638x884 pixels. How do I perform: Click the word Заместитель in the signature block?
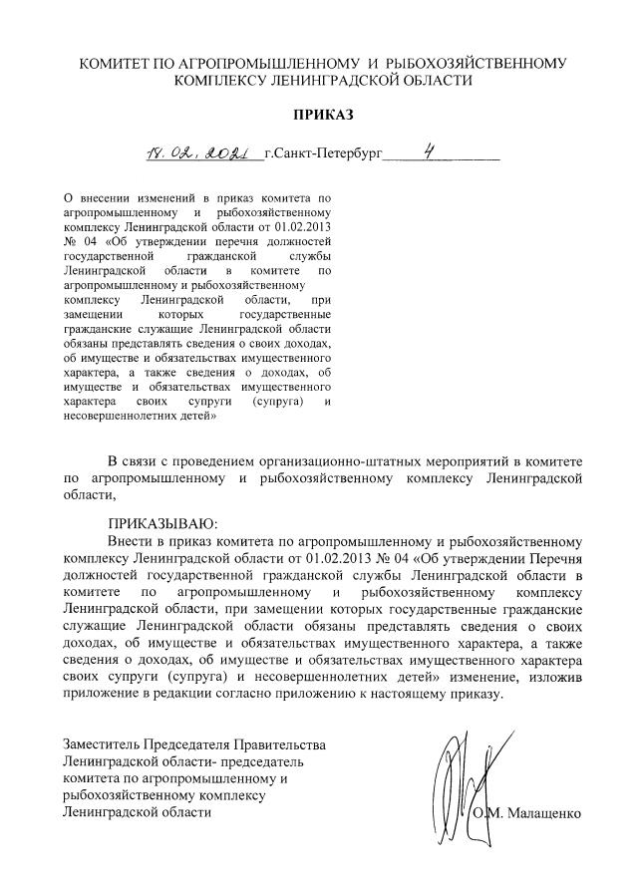click(x=101, y=744)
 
